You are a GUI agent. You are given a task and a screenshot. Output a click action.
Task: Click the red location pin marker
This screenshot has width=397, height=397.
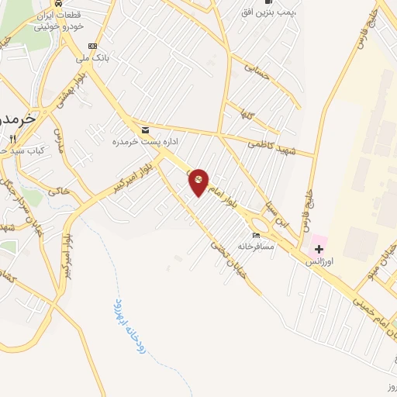(198, 182)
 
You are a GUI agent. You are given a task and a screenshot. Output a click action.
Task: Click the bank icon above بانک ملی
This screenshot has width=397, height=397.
(94, 46)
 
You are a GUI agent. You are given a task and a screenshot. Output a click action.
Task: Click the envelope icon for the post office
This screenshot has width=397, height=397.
(145, 129)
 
